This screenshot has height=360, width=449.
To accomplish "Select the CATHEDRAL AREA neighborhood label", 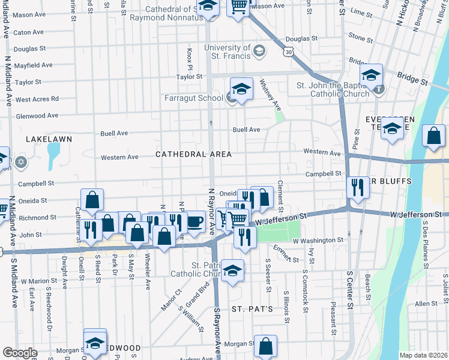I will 193,154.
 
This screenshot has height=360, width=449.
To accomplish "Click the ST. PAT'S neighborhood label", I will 253,309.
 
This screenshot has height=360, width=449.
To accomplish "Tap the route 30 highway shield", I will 289,53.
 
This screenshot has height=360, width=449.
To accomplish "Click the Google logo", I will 20,353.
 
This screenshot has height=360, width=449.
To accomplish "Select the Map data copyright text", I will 423,355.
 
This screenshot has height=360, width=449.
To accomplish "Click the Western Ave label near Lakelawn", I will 119,157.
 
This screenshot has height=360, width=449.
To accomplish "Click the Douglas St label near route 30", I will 297,39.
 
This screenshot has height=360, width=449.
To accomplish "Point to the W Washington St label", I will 318,240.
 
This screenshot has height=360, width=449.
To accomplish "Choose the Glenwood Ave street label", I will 37,116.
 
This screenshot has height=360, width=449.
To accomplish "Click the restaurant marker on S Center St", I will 358,187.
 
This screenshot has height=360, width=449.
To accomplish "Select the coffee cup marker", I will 194,221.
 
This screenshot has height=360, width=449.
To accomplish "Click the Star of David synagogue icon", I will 22,162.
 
